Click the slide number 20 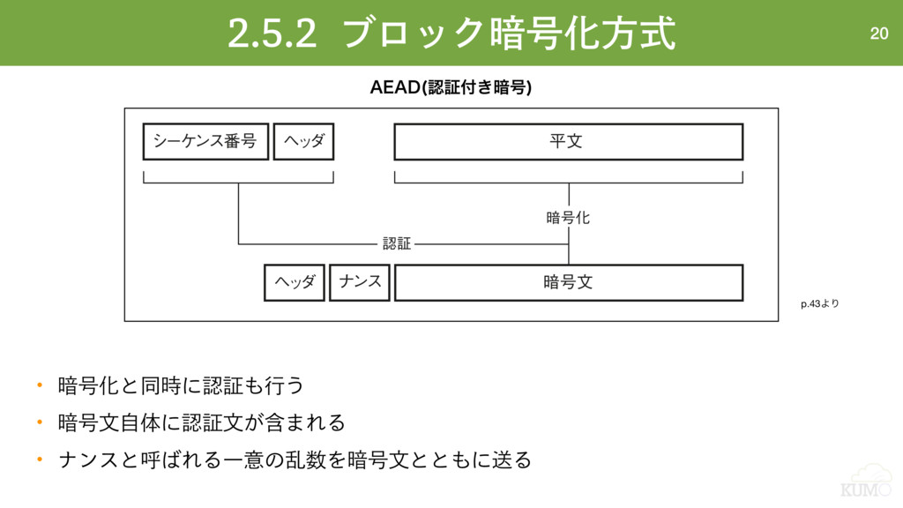pyautogui.click(x=878, y=34)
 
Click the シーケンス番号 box pyautogui.click(x=205, y=141)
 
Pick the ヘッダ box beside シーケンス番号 pyautogui.click(x=303, y=141)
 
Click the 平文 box pyautogui.click(x=568, y=141)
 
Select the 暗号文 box pyautogui.click(x=568, y=282)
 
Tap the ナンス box pyautogui.click(x=360, y=282)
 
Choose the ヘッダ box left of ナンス pyautogui.click(x=295, y=282)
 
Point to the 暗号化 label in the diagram pyautogui.click(x=568, y=217)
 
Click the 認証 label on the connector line pyautogui.click(x=397, y=243)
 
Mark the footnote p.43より pyautogui.click(x=820, y=304)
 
